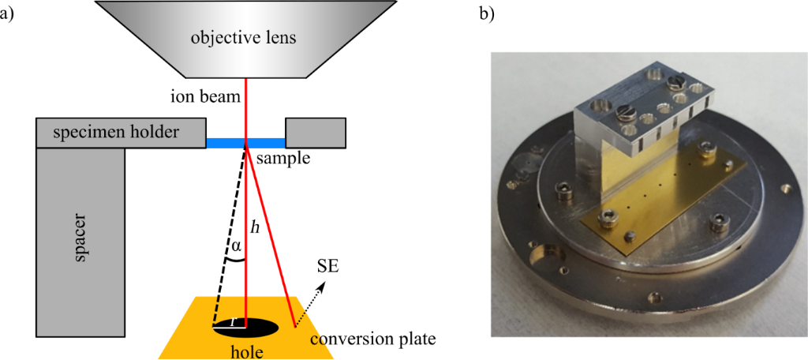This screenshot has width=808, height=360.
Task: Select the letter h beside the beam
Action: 253,227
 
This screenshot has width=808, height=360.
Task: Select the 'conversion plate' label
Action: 372,339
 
